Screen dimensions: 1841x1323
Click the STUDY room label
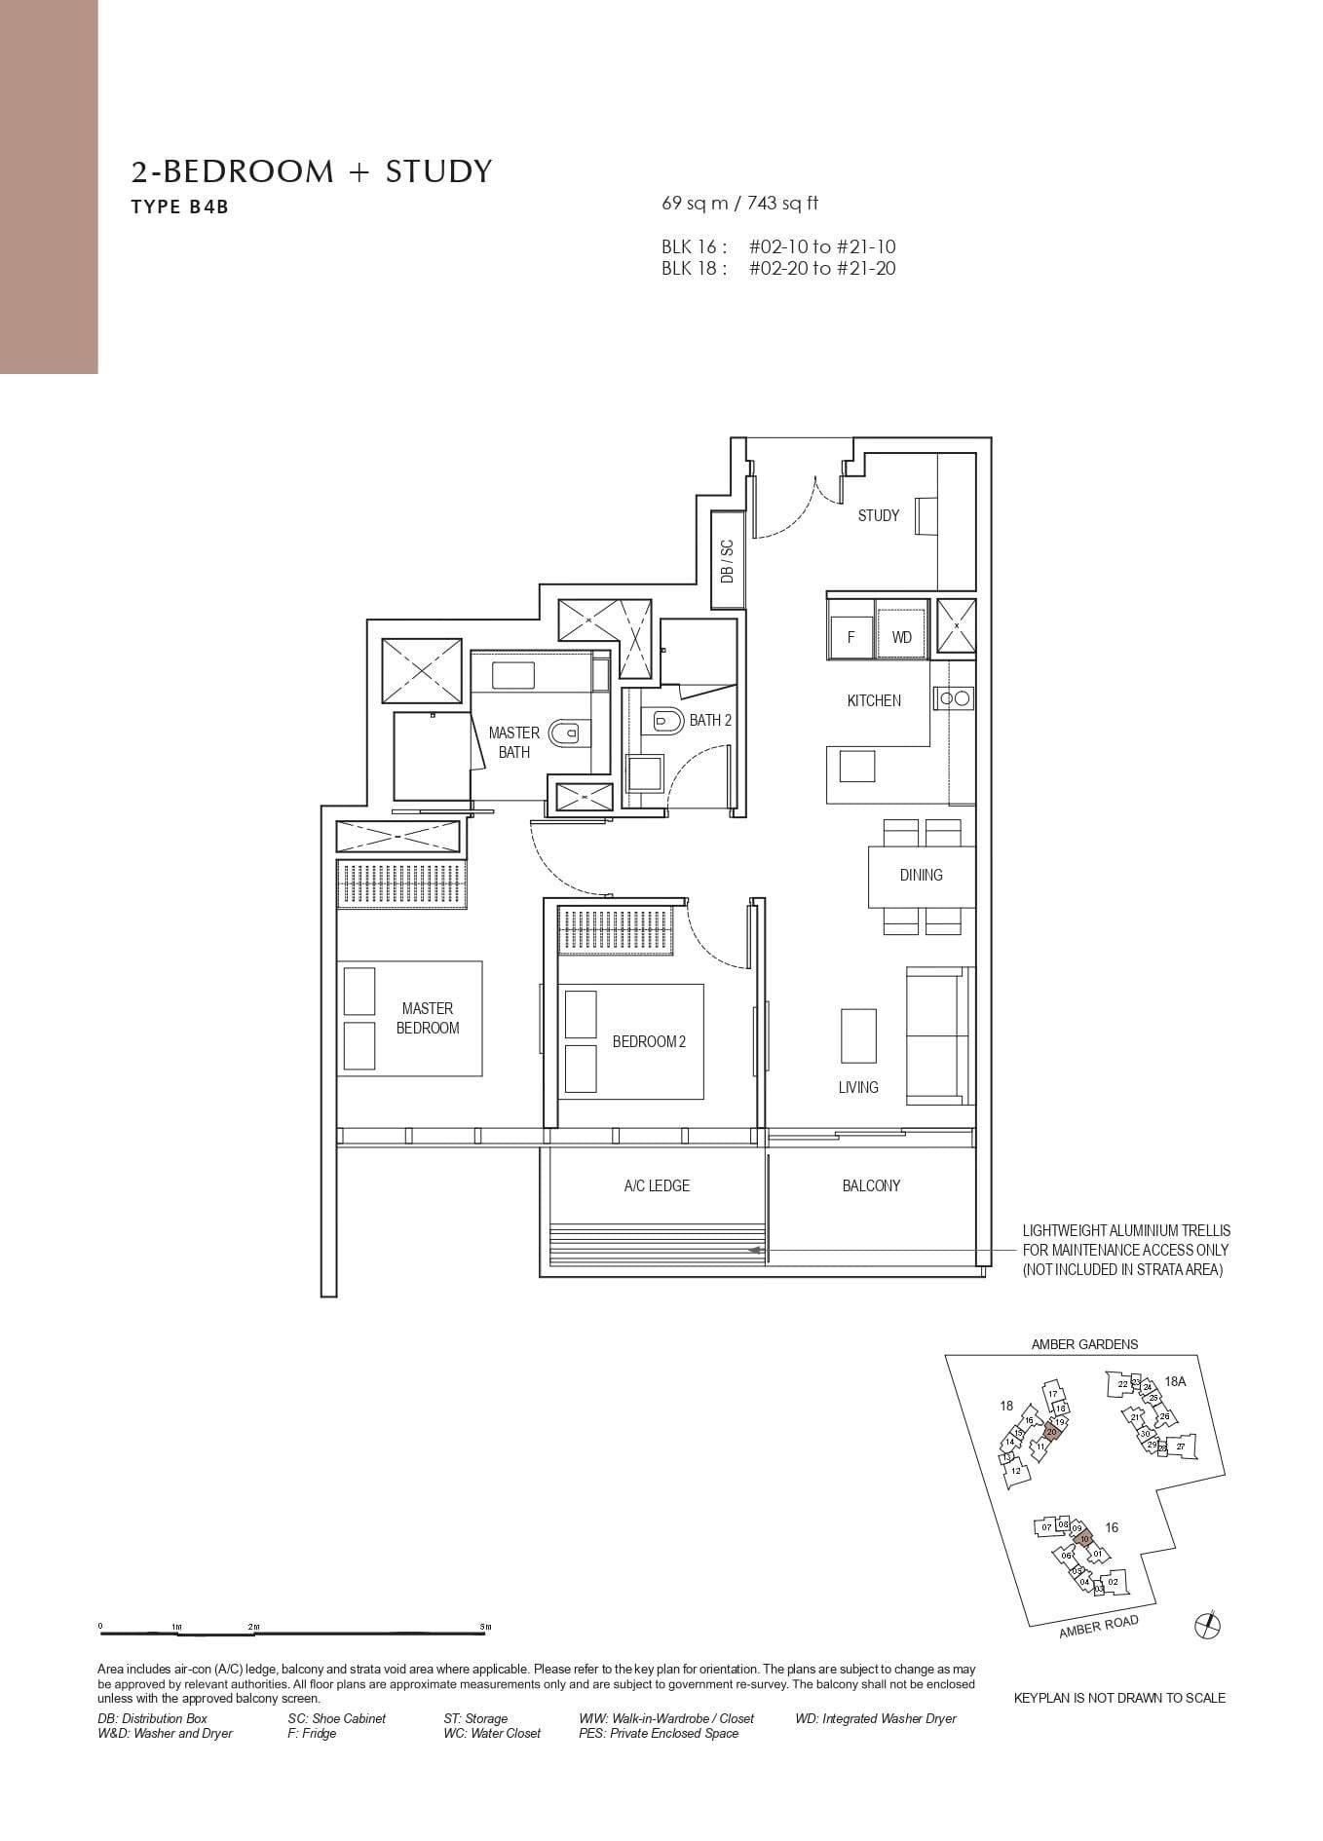[x=878, y=515]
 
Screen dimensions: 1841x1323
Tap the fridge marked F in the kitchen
[x=850, y=637]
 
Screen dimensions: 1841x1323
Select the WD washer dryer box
[x=901, y=637]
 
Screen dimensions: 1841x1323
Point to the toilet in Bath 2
[x=667, y=722]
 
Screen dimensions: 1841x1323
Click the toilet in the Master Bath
[x=565, y=731]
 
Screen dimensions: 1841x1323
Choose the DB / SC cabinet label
[x=727, y=561]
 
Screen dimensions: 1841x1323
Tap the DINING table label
[x=921, y=875]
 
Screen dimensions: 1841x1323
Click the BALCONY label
[x=871, y=1185]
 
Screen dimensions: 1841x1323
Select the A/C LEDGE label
[x=657, y=1185]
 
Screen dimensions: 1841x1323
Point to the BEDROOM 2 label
[x=649, y=1041]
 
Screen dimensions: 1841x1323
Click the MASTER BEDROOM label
[x=428, y=1018]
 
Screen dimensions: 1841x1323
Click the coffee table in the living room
[x=858, y=1034]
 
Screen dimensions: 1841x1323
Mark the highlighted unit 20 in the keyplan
[x=1051, y=1432]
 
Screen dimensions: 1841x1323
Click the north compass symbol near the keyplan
[x=1207, y=1625]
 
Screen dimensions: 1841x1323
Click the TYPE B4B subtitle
[x=180, y=207]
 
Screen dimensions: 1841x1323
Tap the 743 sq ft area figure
[x=783, y=203]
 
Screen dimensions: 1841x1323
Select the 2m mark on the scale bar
[x=253, y=1627]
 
